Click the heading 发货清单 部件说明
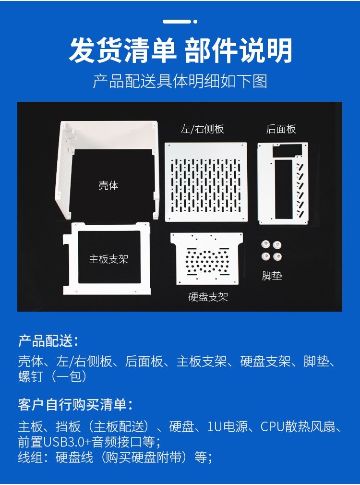click(180, 50)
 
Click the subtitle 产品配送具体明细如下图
click(180, 81)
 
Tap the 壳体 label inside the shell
click(108, 185)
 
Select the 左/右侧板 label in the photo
click(202, 129)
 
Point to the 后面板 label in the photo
click(281, 129)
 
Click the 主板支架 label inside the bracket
click(108, 259)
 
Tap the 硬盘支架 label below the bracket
click(208, 297)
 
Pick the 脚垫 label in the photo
click(272, 276)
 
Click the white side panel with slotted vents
click(206, 182)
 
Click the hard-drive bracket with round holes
click(206, 258)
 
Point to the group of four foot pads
click(272, 251)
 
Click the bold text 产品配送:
click(48, 341)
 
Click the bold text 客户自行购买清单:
click(75, 405)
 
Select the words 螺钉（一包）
click(52, 376)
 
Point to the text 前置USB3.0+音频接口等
click(86, 442)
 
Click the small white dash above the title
click(177, 21)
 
